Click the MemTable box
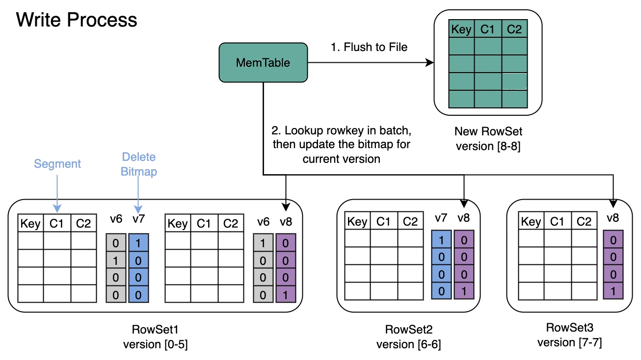pyautogui.click(x=263, y=62)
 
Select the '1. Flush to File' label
pyautogui.click(x=370, y=48)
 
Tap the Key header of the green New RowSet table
pyautogui.click(x=461, y=29)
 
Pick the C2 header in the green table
pyautogui.click(x=514, y=29)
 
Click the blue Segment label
pyautogui.click(x=57, y=164)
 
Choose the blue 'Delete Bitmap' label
pyautogui.click(x=139, y=164)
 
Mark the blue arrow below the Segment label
pyautogui.click(x=57, y=191)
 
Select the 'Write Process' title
pyautogui.click(x=77, y=20)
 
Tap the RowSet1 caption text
pyautogui.click(x=155, y=329)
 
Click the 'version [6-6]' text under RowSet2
pyautogui.click(x=409, y=344)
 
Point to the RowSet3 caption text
pyautogui.click(x=569, y=328)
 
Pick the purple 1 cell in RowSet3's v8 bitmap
pyautogui.click(x=613, y=291)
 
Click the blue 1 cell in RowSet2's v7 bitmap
pyautogui.click(x=440, y=240)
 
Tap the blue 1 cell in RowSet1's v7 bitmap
pyautogui.click(x=138, y=243)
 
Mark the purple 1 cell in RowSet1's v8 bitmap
pyautogui.click(x=286, y=294)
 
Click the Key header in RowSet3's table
pyautogui.click(x=531, y=222)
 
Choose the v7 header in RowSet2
pyautogui.click(x=441, y=218)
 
